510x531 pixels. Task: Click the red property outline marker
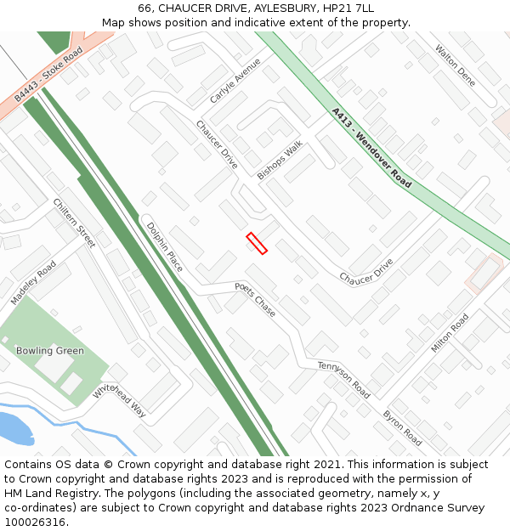257,243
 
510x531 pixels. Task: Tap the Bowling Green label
50,351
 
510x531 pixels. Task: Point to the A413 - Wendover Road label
371,147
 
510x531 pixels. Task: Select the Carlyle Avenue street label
235,81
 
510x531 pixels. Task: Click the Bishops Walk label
280,160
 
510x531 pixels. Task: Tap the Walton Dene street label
455,65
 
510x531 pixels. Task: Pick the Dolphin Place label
164,247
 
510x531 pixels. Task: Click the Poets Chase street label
255,299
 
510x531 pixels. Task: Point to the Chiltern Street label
74,223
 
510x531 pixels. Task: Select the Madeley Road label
33,283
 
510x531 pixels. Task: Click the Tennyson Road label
343,379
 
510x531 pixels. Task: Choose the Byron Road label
402,427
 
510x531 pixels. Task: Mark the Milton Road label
450,333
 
